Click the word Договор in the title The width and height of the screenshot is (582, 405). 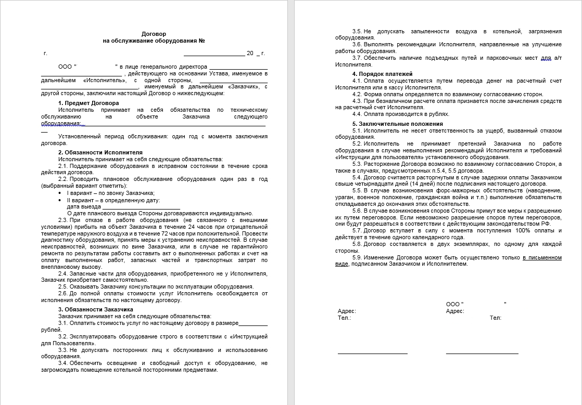[x=154, y=34]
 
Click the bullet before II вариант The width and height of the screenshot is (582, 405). [x=61, y=200]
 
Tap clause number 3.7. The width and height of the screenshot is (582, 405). [x=358, y=58]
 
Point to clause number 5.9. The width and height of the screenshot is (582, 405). [x=358, y=257]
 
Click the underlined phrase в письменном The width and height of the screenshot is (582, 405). [x=542, y=257]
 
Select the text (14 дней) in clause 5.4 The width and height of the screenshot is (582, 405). [x=419, y=184]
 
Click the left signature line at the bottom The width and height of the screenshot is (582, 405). [x=372, y=353]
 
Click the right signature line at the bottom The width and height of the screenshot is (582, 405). [x=482, y=353]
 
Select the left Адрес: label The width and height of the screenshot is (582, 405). [x=347, y=311]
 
